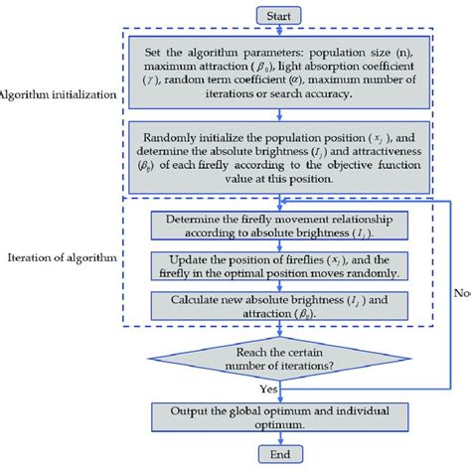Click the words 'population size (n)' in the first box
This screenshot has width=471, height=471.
[387, 62]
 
